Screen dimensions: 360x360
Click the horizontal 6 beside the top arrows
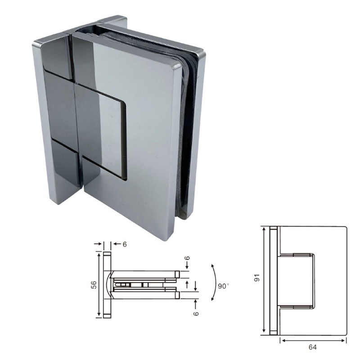[x=125, y=244]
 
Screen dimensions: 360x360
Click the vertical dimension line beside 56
[x=99, y=285]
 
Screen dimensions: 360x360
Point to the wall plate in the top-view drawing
[x=107, y=285]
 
